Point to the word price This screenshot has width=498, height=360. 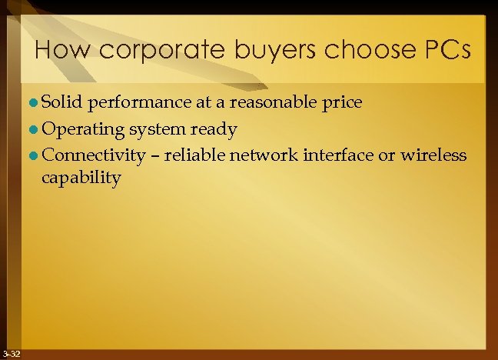pos(343,103)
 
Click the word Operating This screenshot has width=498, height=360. pos(80,129)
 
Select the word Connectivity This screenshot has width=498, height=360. pos(95,156)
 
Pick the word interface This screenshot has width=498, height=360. pos(339,155)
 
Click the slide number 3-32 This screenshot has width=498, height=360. pos(12,354)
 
